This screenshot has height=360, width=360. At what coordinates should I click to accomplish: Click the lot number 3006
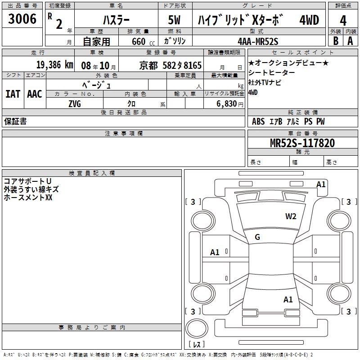[22, 19]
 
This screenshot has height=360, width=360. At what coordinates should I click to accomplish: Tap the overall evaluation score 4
[343, 20]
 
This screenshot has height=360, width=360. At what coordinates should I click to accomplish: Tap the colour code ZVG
[75, 103]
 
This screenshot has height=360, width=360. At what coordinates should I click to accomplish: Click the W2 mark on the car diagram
[291, 216]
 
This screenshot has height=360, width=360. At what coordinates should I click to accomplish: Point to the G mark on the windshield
[257, 237]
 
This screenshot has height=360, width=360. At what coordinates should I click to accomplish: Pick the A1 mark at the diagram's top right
[321, 184]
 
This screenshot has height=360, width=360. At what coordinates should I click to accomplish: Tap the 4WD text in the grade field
[309, 21]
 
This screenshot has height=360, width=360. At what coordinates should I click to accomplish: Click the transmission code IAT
[13, 94]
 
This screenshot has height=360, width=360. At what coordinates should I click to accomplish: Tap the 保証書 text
[15, 121]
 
